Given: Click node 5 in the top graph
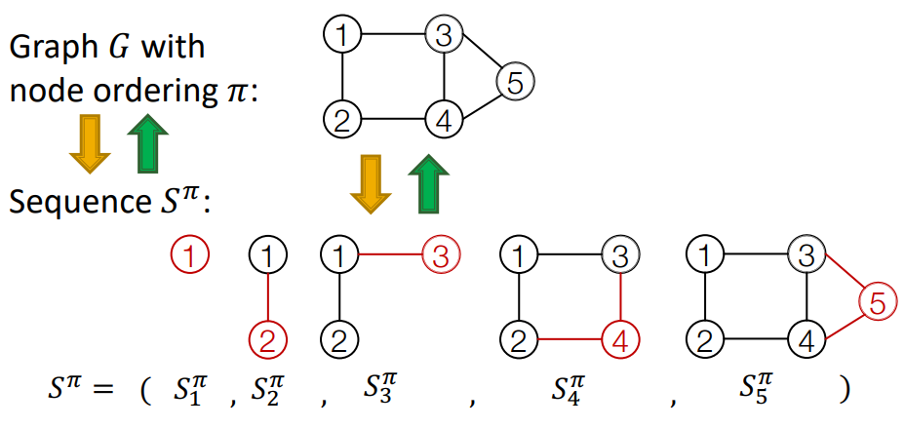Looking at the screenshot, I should (x=515, y=82).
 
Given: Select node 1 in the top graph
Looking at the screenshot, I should (x=341, y=36).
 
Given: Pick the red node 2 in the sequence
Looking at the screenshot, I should (x=267, y=340).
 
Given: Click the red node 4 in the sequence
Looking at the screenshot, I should (x=619, y=340).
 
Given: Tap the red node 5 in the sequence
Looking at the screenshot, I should (x=878, y=302).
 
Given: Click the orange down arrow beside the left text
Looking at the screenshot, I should (x=89, y=142).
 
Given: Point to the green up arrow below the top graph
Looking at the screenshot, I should (x=427, y=183).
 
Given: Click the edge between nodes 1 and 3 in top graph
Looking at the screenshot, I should (x=392, y=36).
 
